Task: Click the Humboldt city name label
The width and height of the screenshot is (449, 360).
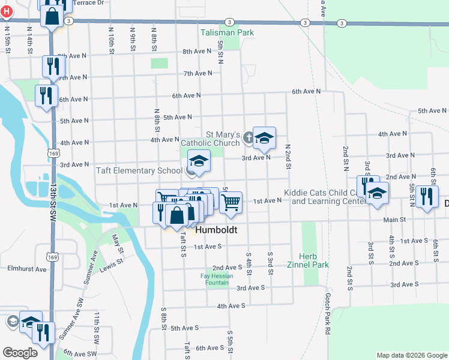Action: pyautogui.click(x=217, y=230)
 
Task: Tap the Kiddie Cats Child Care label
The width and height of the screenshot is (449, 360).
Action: pyautogui.click(x=321, y=197)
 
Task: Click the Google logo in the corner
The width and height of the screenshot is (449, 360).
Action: pyautogui.click(x=20, y=353)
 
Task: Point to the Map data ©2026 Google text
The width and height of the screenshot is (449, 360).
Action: pyautogui.click(x=412, y=355)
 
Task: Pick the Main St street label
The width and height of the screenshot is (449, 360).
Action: pyautogui.click(x=394, y=220)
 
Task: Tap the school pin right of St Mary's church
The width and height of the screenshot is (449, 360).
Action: pyautogui.click(x=264, y=139)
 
